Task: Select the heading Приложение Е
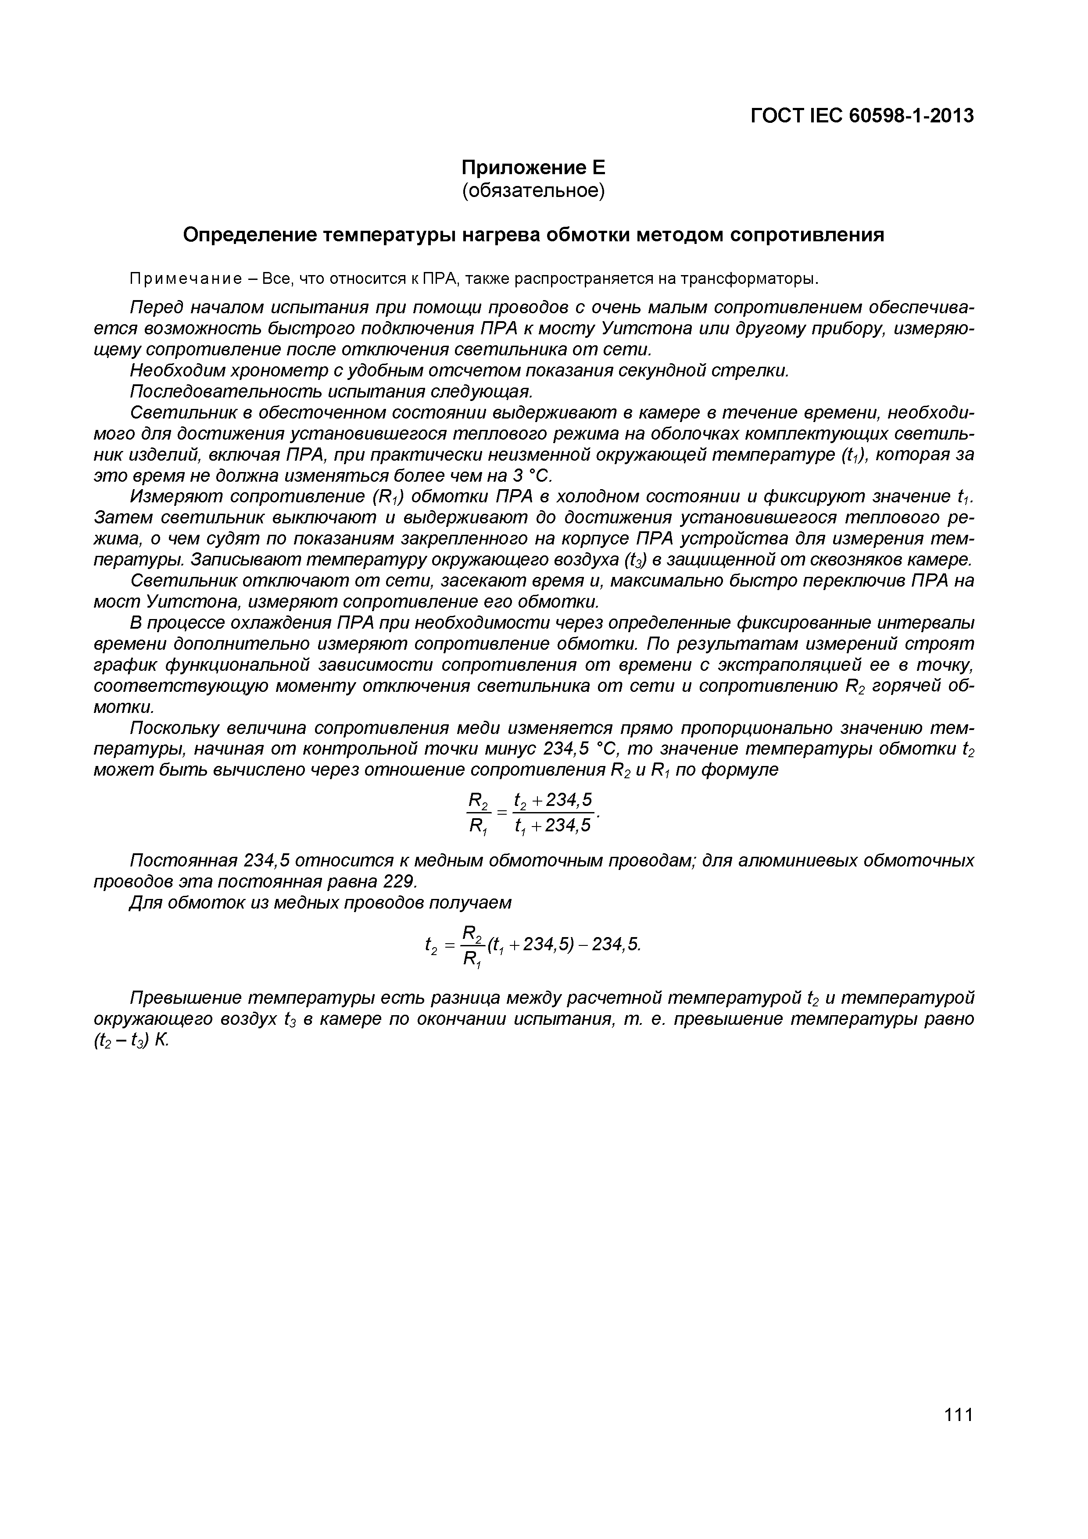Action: coord(533,167)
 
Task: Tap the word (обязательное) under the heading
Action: coord(533,191)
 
